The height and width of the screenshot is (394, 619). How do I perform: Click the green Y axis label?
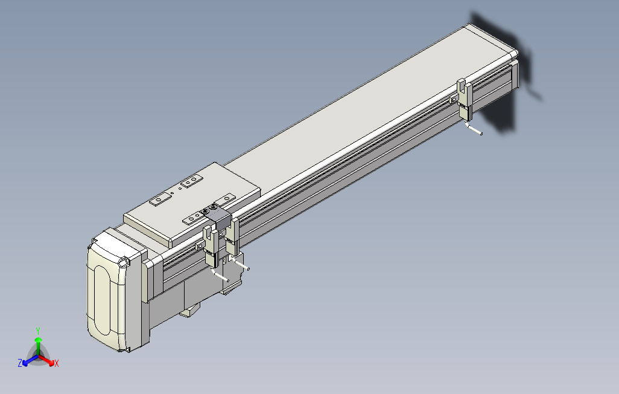click(37, 331)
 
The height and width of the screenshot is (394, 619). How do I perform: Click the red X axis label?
click(57, 363)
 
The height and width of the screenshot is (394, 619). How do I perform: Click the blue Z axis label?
click(20, 363)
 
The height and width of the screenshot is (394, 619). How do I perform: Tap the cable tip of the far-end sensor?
click(480, 134)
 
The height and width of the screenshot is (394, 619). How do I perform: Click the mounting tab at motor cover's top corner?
click(124, 262)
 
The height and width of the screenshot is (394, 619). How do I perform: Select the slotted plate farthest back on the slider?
click(192, 181)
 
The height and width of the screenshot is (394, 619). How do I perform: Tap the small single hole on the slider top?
click(173, 193)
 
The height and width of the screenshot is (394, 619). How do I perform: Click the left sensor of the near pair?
click(212, 247)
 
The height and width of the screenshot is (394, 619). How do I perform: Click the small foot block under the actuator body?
click(189, 312)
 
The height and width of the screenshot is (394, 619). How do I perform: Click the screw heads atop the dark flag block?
click(211, 210)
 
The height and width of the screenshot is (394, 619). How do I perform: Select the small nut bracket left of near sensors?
click(199, 245)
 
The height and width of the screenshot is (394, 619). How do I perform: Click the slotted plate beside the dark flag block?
click(194, 218)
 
